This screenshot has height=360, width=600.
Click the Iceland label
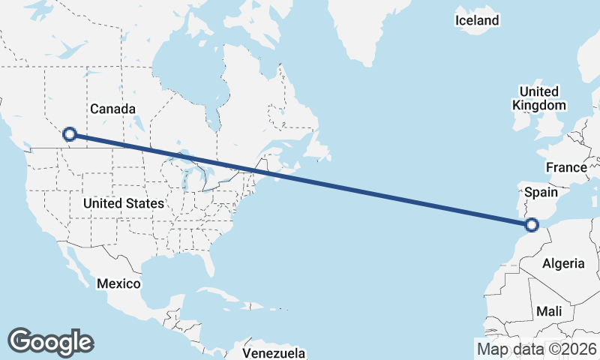point(477,20)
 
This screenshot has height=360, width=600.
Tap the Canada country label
point(112,109)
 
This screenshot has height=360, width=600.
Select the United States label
point(123,203)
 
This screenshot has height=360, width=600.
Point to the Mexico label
point(118,283)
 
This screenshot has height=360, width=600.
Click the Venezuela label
point(274,352)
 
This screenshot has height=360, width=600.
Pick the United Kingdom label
point(538,98)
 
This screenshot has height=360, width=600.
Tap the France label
point(566,167)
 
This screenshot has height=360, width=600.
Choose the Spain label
point(541,193)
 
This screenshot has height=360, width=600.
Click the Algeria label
point(563,263)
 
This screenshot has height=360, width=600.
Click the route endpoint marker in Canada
point(70,134)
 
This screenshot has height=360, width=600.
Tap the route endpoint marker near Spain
point(532,223)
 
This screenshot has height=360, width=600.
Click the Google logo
point(50,342)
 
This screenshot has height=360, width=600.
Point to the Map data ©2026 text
point(537,349)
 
